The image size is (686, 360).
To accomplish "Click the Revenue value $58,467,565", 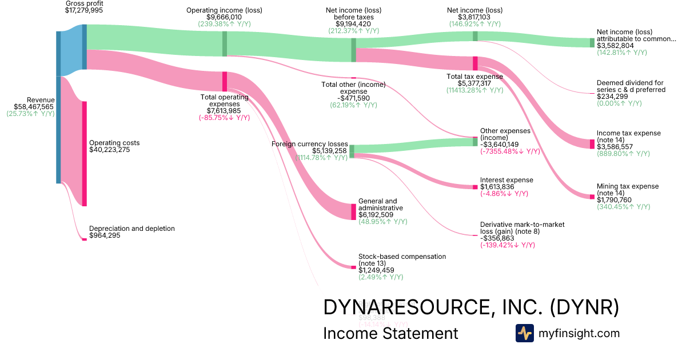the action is (x=34, y=107).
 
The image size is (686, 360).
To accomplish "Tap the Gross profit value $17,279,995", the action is (x=84, y=11).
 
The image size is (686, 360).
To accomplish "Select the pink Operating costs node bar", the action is (x=85, y=153).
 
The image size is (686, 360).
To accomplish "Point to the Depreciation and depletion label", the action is (x=131, y=229).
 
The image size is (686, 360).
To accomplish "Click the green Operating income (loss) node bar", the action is (x=225, y=43).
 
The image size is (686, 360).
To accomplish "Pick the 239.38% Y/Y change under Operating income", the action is (x=224, y=25).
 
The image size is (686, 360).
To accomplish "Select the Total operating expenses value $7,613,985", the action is (x=224, y=111).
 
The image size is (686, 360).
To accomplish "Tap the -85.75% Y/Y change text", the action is (x=224, y=118).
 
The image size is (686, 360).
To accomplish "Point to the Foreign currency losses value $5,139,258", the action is (x=321, y=151).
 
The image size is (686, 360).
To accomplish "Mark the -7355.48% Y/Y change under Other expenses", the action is (x=510, y=151).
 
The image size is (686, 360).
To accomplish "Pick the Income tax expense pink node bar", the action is (x=592, y=143).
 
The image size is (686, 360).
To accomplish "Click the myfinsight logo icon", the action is (x=525, y=333).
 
